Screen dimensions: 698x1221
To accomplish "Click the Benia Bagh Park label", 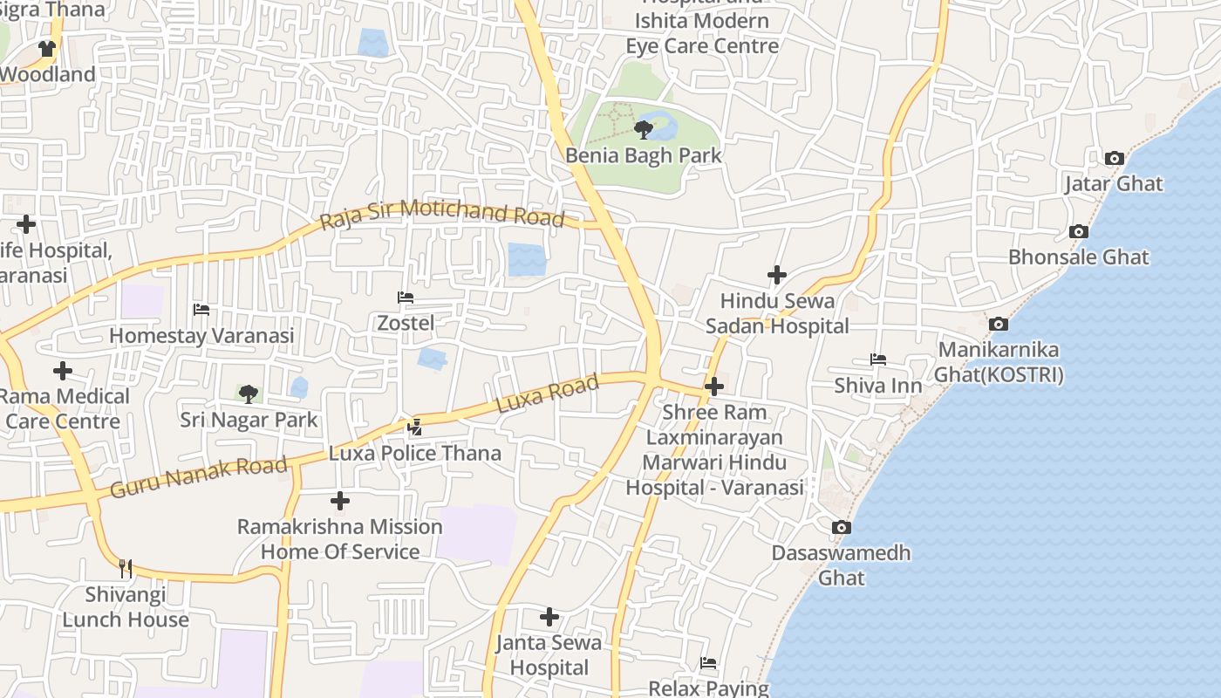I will [x=644, y=156].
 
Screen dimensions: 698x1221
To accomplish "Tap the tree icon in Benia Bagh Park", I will [x=644, y=131].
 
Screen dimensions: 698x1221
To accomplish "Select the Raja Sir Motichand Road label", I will [x=442, y=215].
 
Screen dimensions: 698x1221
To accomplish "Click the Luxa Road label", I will [x=548, y=394].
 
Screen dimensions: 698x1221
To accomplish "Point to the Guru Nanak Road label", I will [x=199, y=477].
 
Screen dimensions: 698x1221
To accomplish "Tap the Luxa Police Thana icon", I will [x=415, y=428].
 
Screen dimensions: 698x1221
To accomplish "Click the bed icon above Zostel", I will [x=405, y=298].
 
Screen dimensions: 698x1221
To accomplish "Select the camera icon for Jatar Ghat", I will [x=1114, y=159].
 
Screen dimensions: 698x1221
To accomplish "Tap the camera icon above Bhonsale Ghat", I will [x=1079, y=232].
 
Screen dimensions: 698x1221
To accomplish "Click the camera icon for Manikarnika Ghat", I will [x=999, y=325].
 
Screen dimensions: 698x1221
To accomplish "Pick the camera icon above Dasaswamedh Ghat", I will [x=841, y=528].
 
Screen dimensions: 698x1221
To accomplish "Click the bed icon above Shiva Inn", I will [x=877, y=359].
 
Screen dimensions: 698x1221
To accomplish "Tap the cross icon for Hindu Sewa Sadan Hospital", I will [x=776, y=276].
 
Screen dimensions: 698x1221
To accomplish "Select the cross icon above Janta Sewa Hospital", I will [x=549, y=618].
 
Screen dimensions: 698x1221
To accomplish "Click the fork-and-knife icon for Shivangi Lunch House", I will [x=126, y=569].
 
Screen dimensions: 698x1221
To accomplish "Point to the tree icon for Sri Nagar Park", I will [x=249, y=394].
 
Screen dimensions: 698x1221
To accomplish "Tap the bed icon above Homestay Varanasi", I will [x=201, y=310].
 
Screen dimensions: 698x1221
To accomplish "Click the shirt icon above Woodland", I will [x=46, y=49].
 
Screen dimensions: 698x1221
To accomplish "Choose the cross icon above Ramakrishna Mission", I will [x=340, y=501].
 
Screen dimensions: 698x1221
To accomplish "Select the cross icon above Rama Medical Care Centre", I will [x=63, y=371].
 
